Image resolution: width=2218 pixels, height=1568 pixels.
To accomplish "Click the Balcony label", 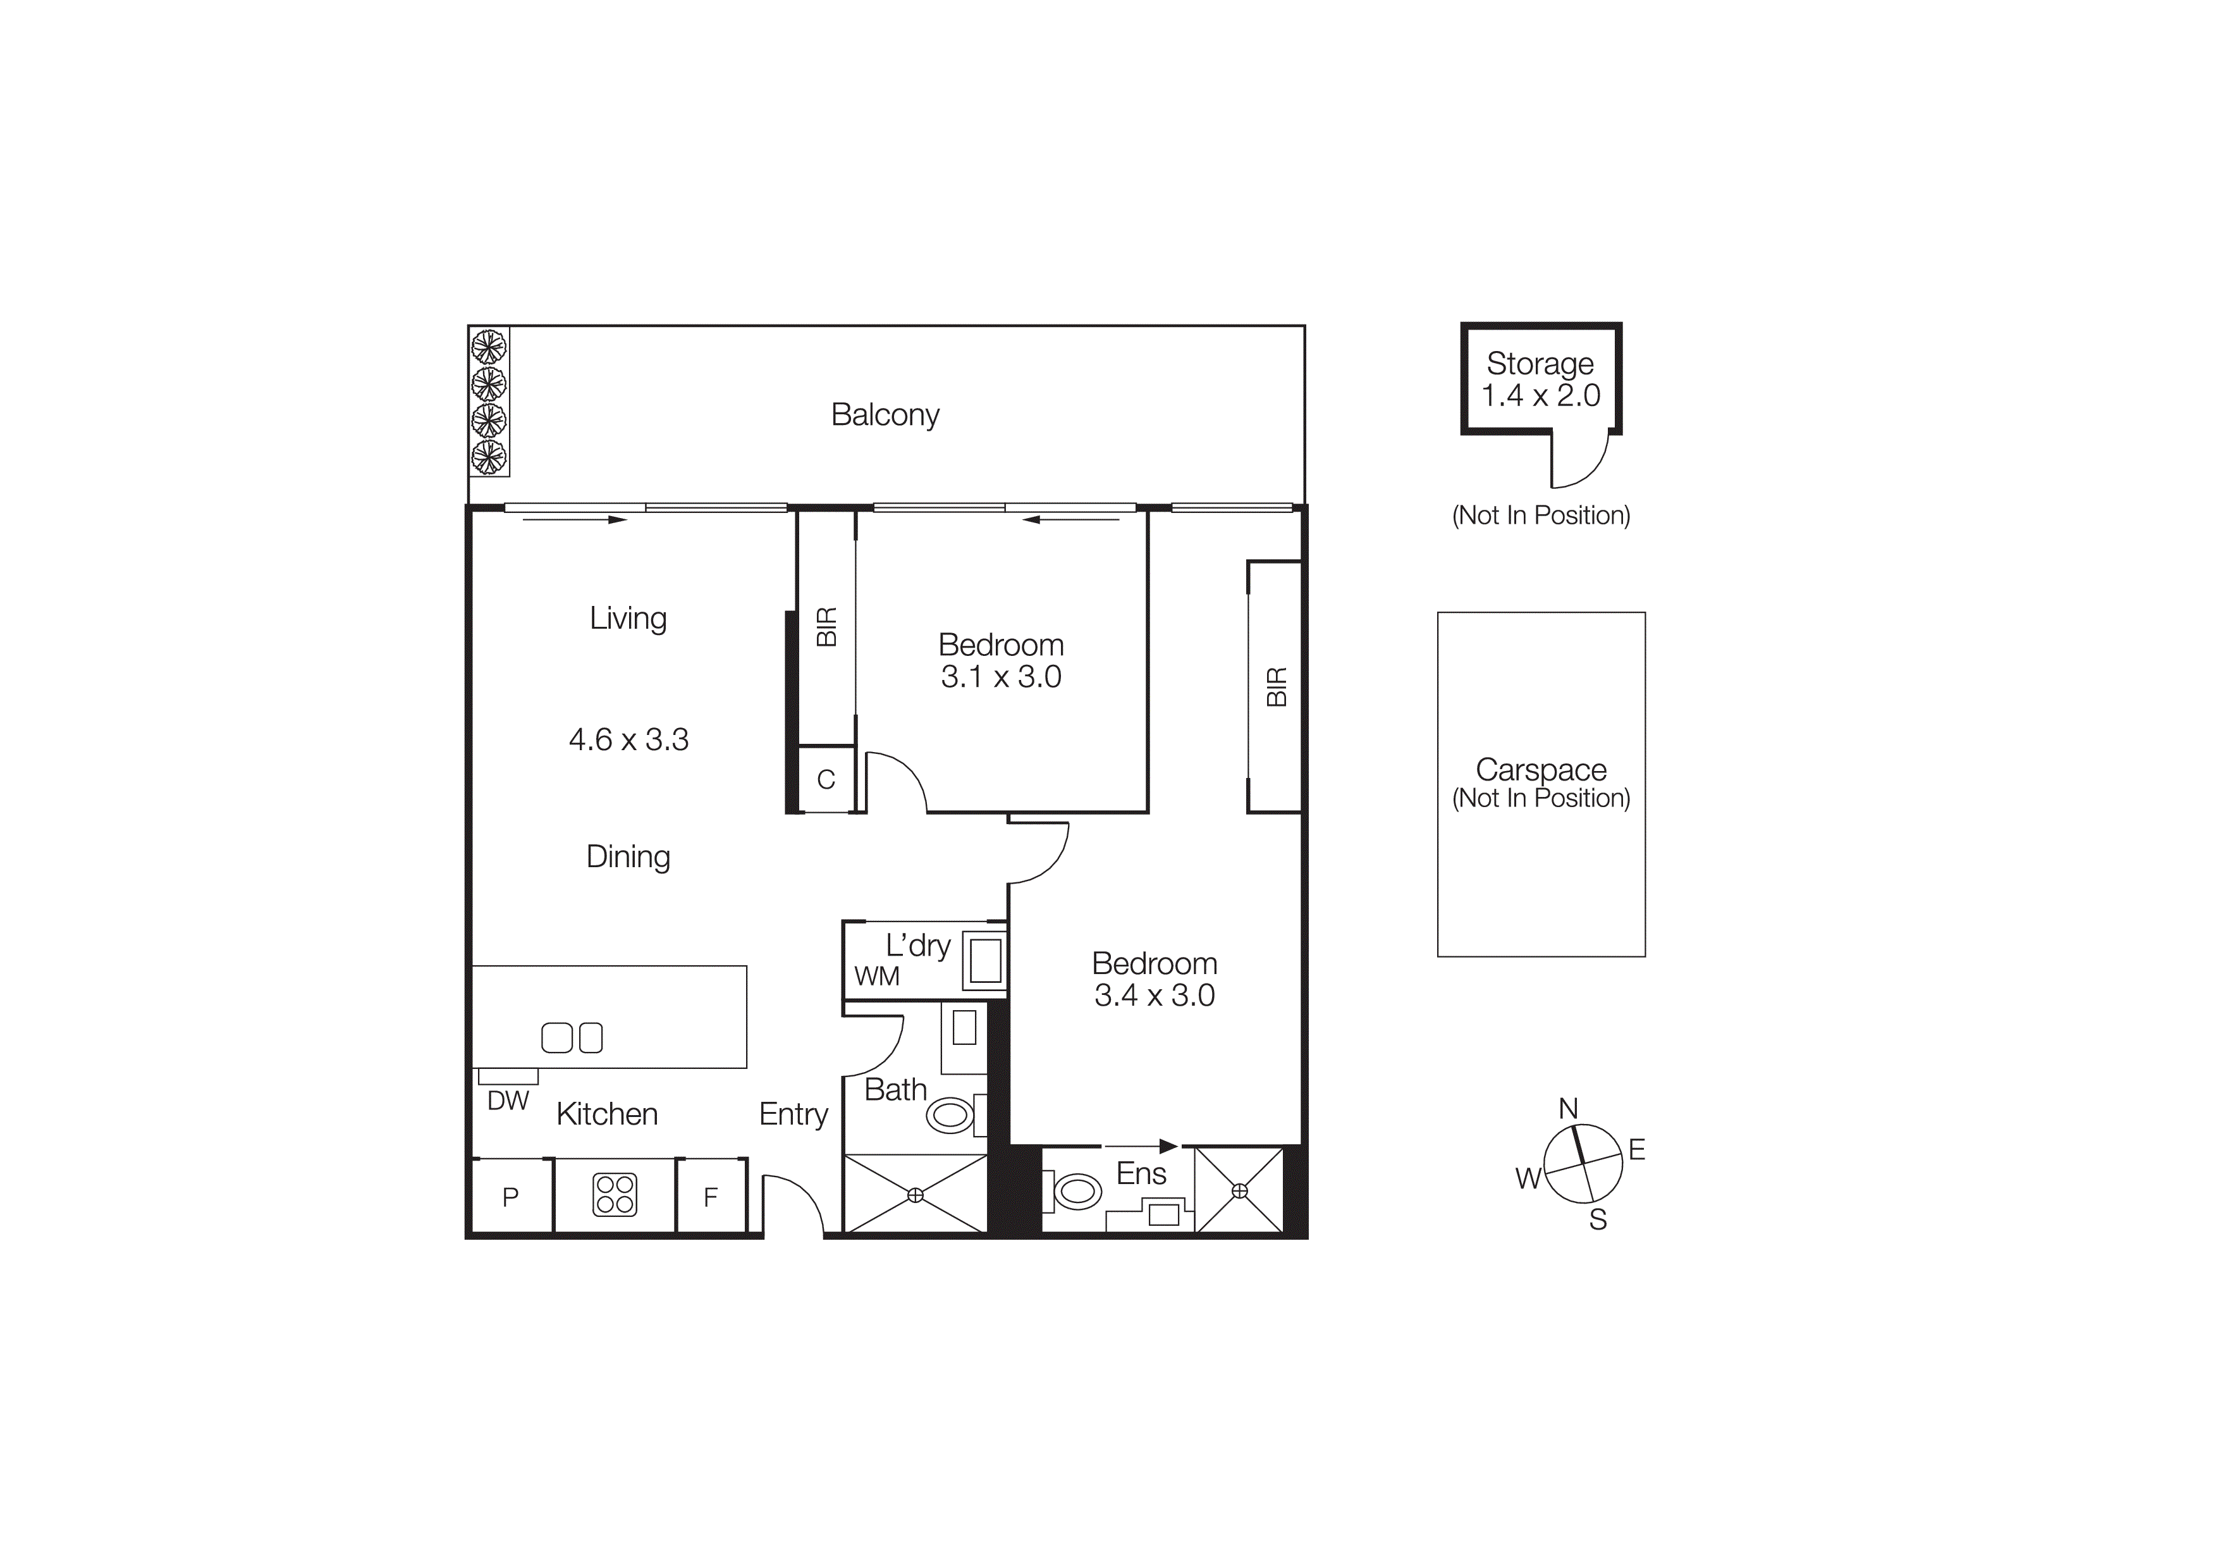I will coord(885,414).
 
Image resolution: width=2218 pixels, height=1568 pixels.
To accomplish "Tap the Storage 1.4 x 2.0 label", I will coord(1541,380).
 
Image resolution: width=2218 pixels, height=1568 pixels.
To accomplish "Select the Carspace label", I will coord(1541,770).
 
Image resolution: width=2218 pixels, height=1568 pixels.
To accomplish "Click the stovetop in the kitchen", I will coord(615,1195).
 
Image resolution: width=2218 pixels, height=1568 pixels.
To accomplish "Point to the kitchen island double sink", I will coord(572,1037).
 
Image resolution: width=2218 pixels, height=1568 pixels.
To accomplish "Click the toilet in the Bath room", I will coord(950,1116).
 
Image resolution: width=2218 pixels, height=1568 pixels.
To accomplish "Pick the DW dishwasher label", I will coord(508,1101).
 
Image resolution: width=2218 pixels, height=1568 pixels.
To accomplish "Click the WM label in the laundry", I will coord(876,977).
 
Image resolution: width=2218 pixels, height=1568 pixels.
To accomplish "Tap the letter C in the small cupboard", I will coord(826,780).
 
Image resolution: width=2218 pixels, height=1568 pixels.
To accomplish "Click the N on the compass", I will coord(1569,1108).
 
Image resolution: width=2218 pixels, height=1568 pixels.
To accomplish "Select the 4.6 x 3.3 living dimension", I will coord(629,740).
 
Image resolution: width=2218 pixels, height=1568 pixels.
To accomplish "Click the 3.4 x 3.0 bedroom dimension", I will coord(1155,995).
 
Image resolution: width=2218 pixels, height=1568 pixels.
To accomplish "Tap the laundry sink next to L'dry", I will coord(984,961).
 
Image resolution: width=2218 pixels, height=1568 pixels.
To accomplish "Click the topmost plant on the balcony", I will coord(489,346).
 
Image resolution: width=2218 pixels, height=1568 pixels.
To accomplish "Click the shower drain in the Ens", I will coord(1239,1191).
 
